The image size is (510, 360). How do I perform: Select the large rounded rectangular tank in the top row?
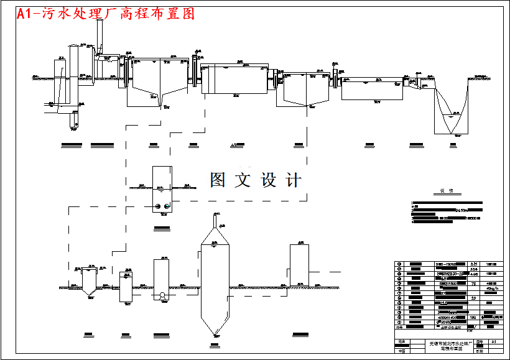coord(234,79)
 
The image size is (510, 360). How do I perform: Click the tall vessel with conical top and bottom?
coord(213,283)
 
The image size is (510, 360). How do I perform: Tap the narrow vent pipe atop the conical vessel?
coord(215,219)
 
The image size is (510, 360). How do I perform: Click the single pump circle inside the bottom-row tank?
coord(162,296)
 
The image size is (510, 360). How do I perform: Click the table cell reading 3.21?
coord(474,264)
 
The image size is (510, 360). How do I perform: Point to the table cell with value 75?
coord(474,284)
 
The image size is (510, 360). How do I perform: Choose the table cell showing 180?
coord(474,317)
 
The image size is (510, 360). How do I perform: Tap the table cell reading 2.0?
coord(474,298)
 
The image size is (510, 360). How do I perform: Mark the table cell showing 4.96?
coord(474,274)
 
